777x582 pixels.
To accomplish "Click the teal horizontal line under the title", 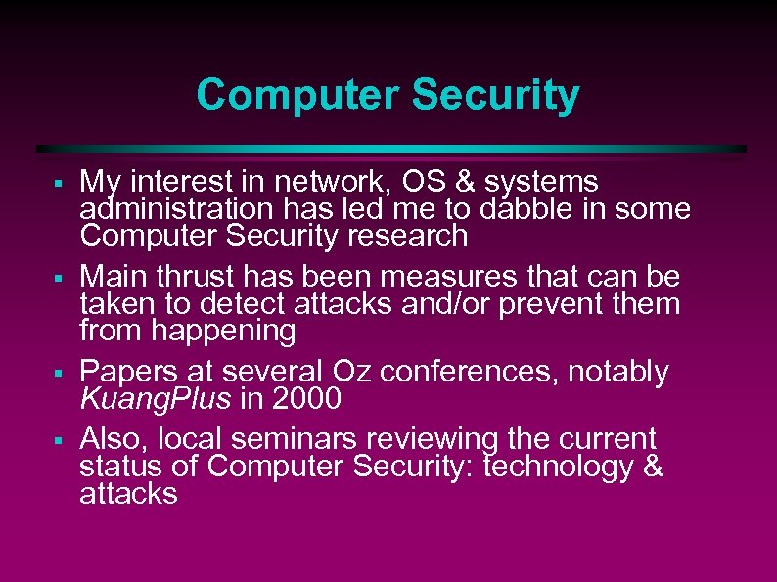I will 391,149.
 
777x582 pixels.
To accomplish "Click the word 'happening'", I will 223,332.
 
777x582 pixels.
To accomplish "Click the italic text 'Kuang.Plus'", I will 156,399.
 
